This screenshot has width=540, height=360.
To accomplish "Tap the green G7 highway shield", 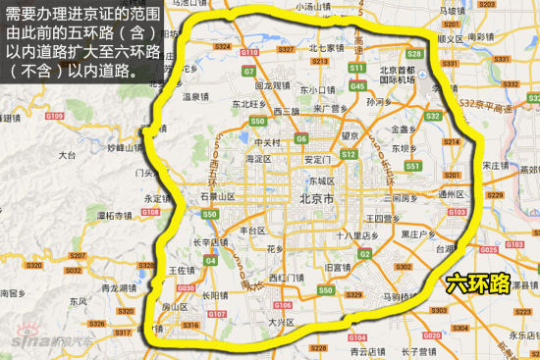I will coord(249,72).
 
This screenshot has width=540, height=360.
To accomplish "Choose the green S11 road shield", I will coord(357,69).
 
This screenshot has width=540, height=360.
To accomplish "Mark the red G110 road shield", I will coord(249,51).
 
